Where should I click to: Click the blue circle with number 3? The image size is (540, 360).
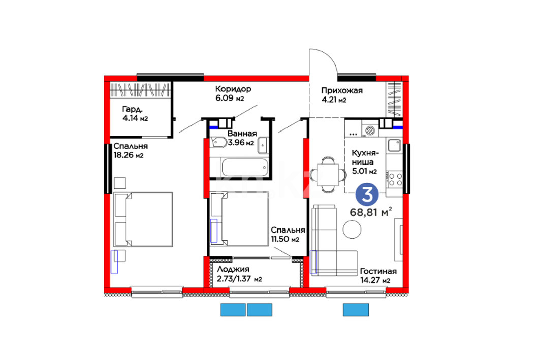[x=367, y=194]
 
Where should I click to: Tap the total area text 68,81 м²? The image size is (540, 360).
[x=371, y=212]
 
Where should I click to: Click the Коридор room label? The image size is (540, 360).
[x=233, y=89]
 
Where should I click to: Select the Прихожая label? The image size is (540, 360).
[x=342, y=90]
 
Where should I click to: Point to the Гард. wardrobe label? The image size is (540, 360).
[x=132, y=109]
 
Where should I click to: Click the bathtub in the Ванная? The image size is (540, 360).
[x=245, y=168]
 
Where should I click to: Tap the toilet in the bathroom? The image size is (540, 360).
[x=218, y=142]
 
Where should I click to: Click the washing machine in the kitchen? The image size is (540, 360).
[x=370, y=130]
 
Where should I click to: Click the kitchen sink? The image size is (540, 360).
[x=394, y=145]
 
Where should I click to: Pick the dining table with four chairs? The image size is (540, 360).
[x=328, y=175]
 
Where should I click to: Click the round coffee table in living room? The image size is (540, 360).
[x=352, y=229]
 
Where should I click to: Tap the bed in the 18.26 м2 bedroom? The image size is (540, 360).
[x=143, y=219]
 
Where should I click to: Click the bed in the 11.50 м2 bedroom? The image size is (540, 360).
[x=239, y=219]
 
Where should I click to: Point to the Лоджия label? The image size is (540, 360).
[x=233, y=269]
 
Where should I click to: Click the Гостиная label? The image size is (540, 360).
[x=378, y=271]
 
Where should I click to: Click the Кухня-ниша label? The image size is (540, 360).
[x=365, y=157]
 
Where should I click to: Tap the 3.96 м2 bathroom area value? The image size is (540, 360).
[x=241, y=143]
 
